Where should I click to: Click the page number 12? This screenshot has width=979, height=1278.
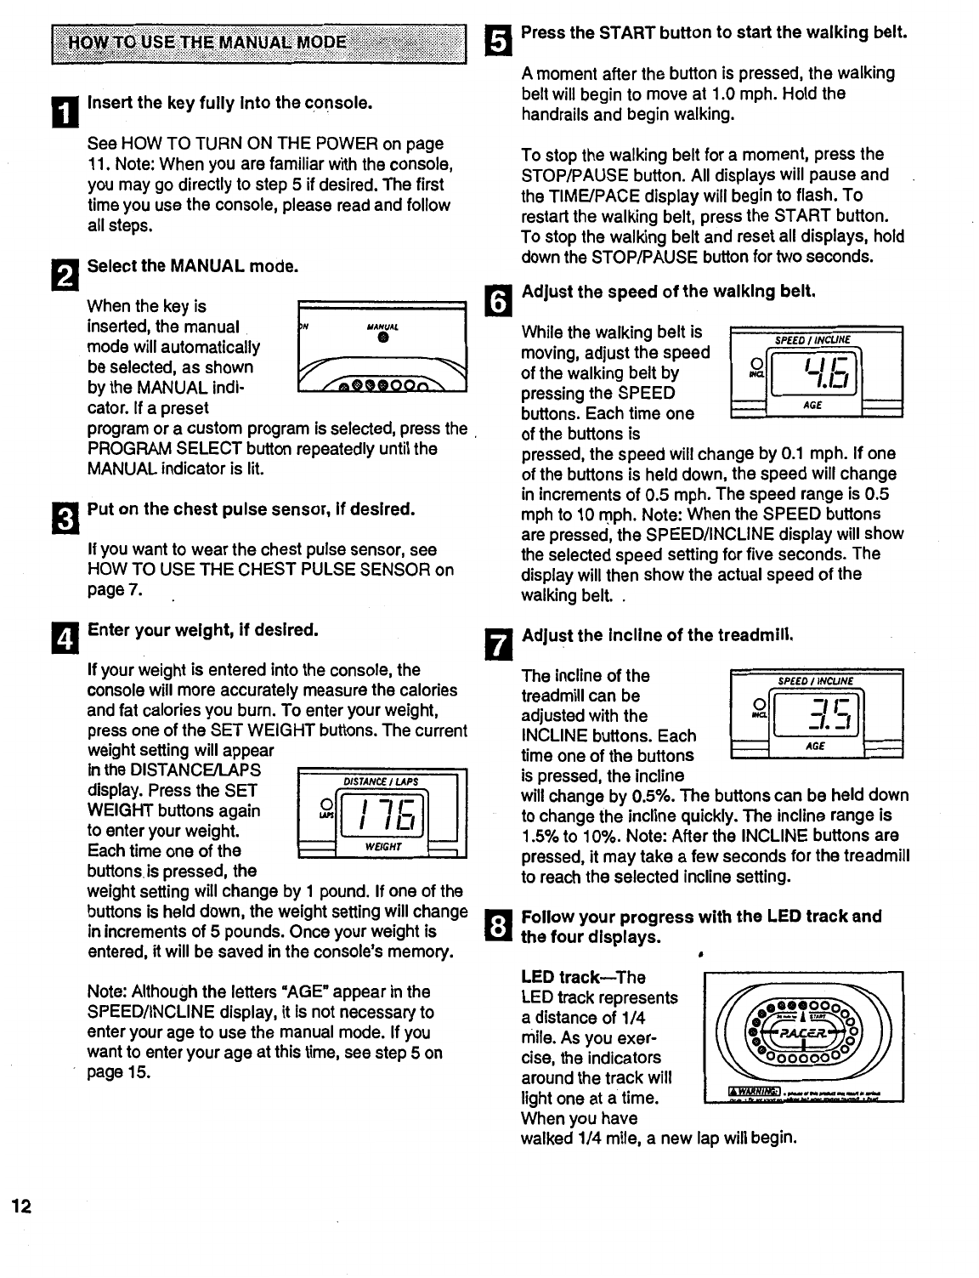pos(21,1207)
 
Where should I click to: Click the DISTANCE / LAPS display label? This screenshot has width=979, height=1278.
pos(380,781)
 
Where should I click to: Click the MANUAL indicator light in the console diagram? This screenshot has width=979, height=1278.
pos(383,338)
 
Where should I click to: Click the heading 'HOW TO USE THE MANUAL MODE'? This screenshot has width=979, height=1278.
pos(208,43)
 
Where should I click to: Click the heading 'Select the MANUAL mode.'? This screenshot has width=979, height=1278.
pos(193,266)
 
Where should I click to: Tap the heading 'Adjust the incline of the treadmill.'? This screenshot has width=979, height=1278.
pos(658,635)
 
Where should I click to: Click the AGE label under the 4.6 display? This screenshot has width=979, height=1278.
pos(812,406)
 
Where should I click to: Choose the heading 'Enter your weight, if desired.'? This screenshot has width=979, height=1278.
pos(203,630)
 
